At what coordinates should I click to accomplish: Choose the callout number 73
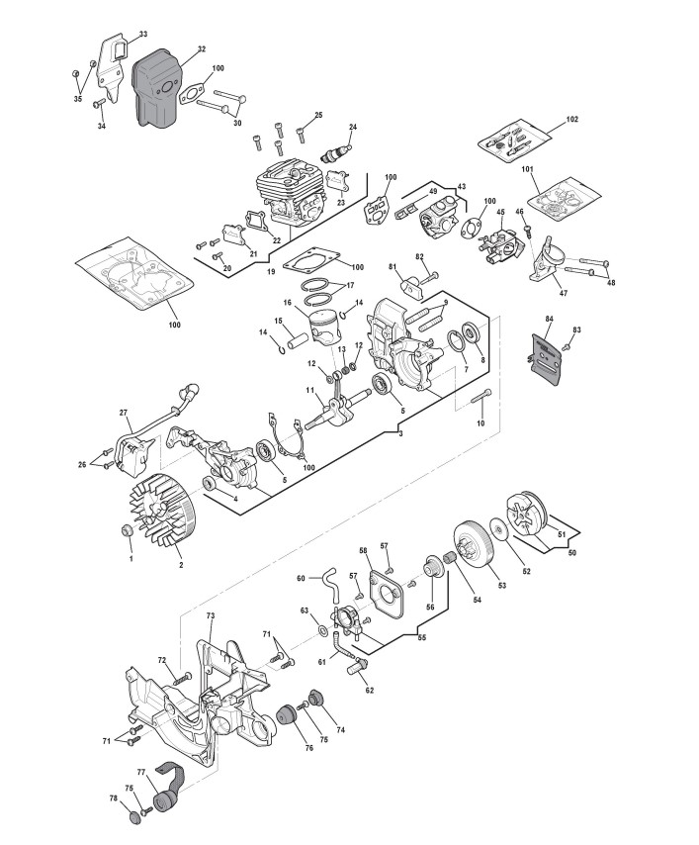[x=211, y=615]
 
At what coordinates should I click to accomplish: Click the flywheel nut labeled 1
[x=126, y=534]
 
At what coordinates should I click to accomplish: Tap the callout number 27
[x=124, y=413]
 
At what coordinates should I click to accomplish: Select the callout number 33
[x=130, y=35]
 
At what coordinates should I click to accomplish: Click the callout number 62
[x=369, y=691]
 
